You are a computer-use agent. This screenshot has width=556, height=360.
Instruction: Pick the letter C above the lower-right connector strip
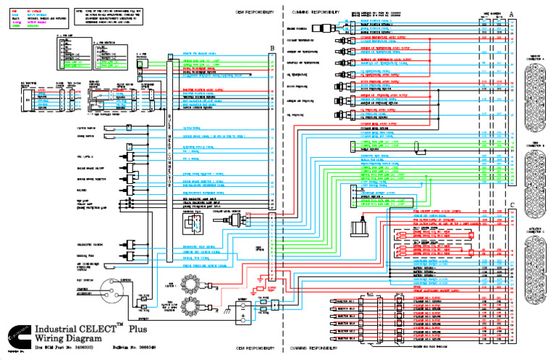tap(512, 205)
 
